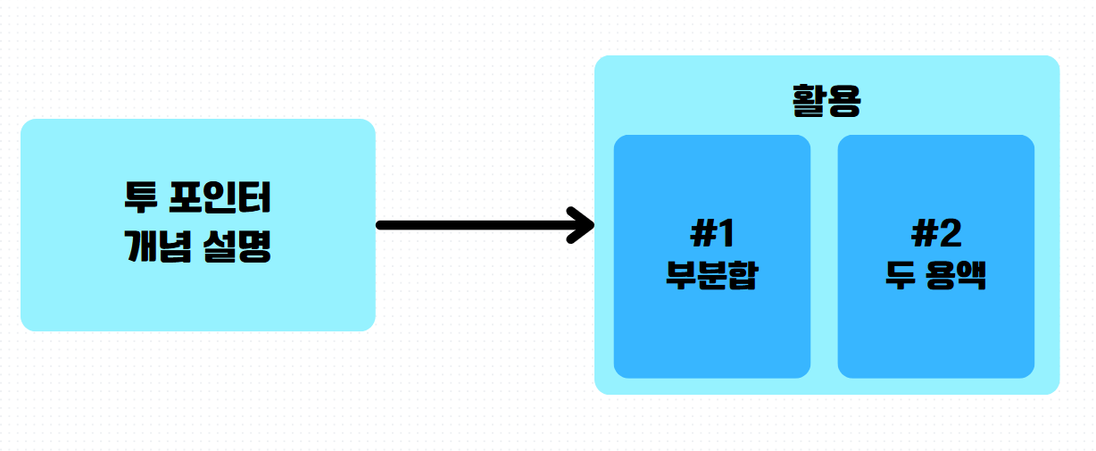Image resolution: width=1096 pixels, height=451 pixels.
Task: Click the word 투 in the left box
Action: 140,197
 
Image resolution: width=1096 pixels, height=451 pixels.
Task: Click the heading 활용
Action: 826,100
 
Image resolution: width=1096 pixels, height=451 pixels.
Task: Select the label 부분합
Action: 711,274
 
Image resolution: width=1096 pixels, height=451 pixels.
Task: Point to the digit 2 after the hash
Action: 949,234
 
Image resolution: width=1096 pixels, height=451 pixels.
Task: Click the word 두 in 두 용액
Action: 897,274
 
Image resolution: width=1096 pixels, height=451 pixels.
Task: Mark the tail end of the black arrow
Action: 382,225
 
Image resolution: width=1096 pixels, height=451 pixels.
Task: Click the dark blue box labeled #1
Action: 711,339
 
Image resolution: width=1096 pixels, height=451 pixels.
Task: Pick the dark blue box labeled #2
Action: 935,339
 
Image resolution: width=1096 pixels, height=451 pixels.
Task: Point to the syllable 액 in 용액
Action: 972,274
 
